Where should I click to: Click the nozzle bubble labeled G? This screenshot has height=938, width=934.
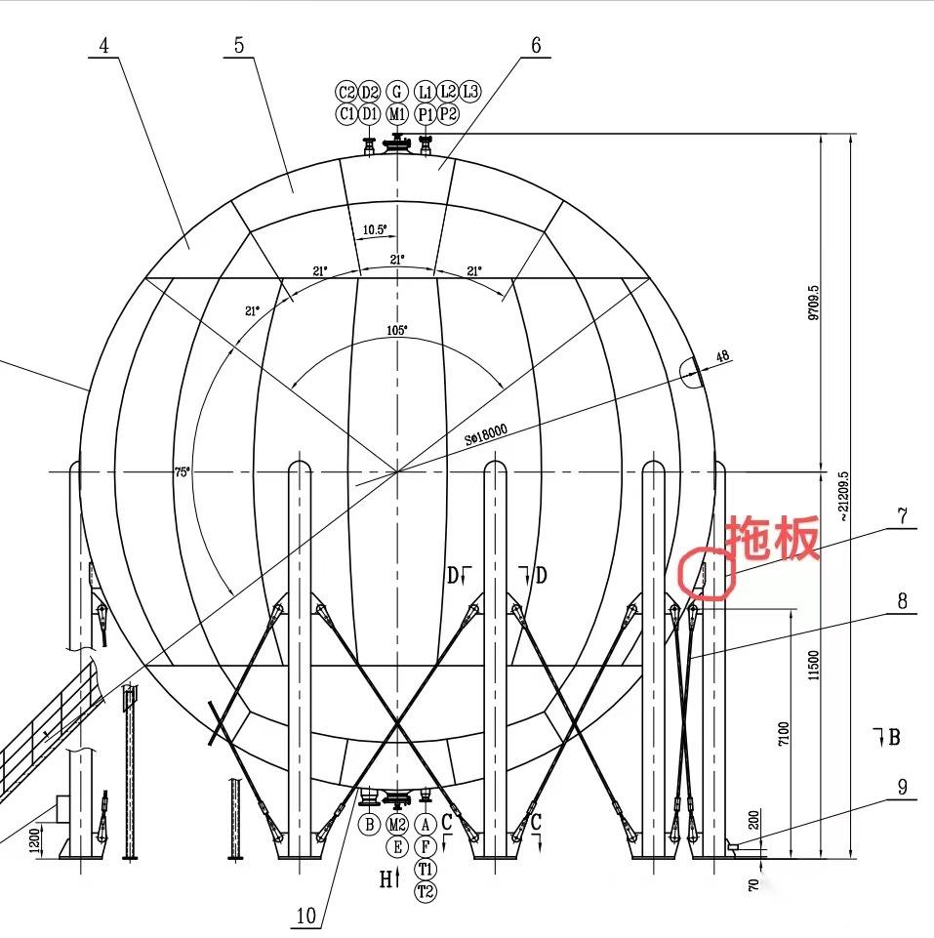[x=396, y=92]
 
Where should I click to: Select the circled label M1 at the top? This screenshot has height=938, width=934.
[x=396, y=113]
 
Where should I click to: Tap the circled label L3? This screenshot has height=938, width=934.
[x=470, y=92]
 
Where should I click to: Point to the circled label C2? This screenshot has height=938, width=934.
[x=346, y=92]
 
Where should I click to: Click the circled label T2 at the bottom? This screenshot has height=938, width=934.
[x=425, y=891]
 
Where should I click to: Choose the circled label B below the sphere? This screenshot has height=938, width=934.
[x=369, y=825]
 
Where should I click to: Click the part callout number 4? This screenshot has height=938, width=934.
[x=104, y=46]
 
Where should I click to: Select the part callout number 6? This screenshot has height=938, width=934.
[x=536, y=46]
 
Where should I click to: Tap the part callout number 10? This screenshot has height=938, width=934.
[x=305, y=916]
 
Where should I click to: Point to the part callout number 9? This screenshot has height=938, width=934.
[x=903, y=787]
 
